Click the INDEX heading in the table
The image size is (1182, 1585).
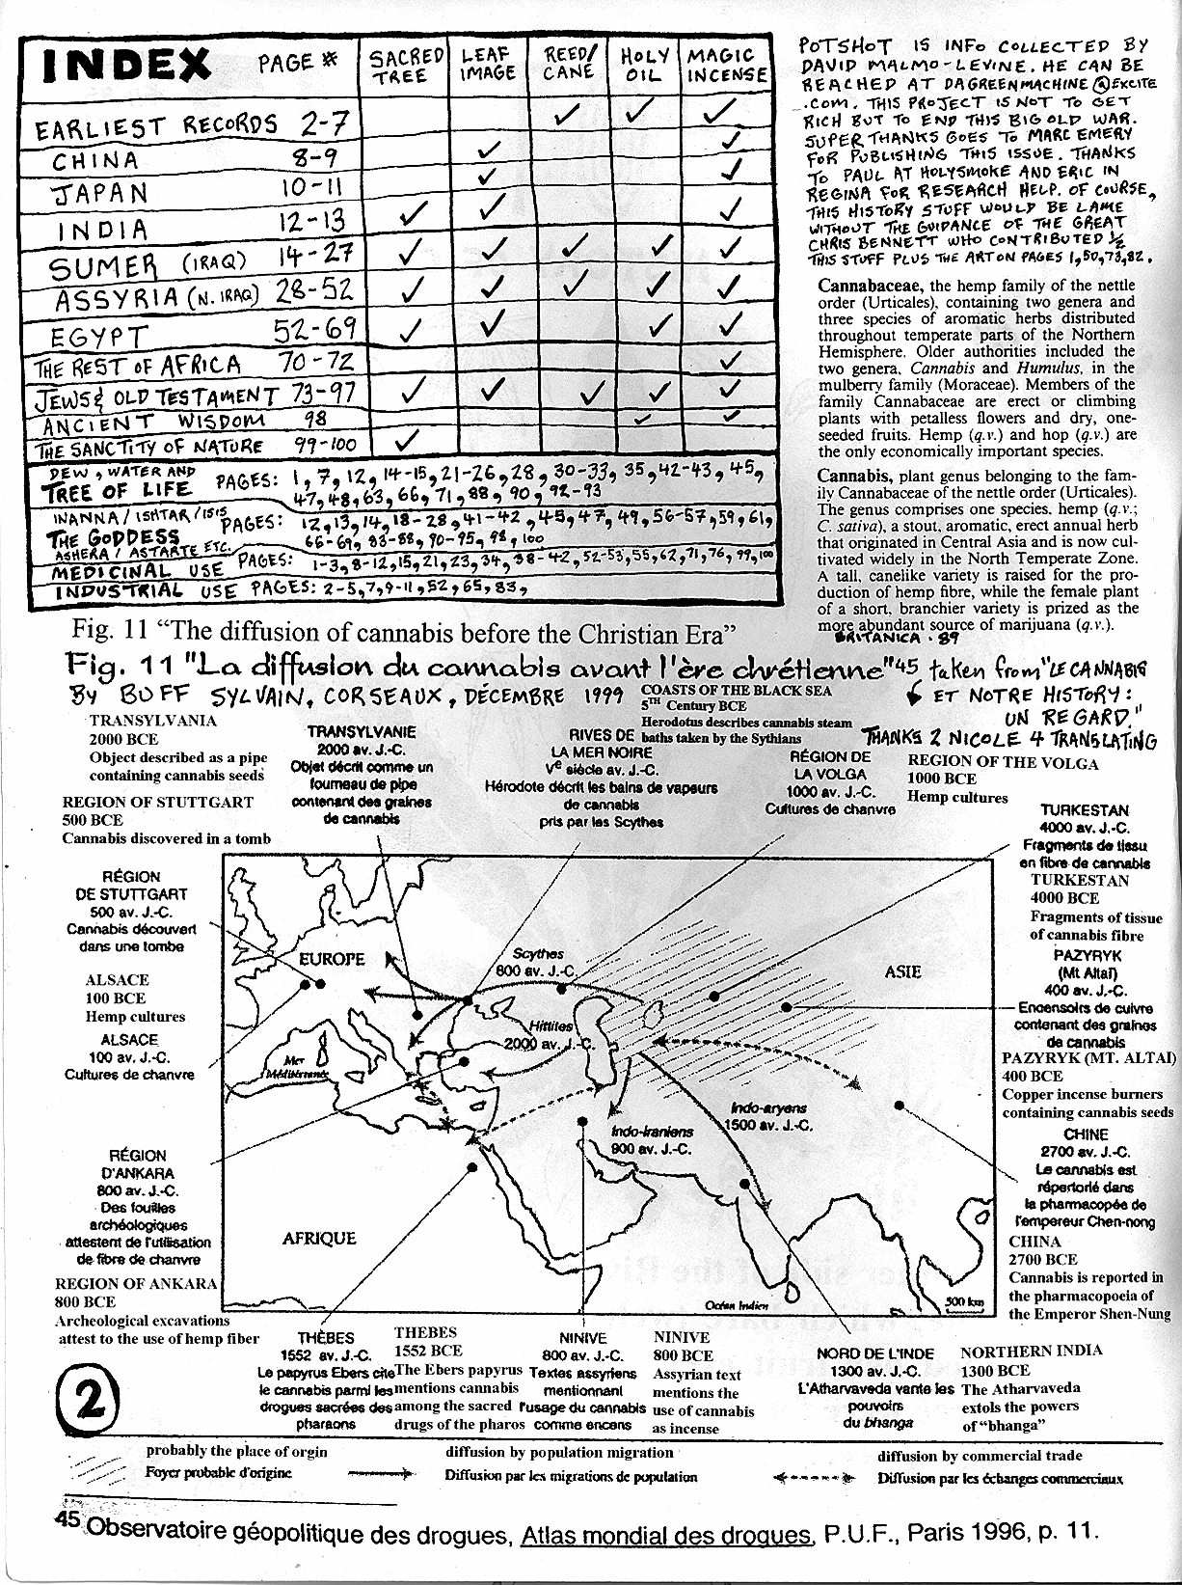point(126,65)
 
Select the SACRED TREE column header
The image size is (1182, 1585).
point(407,66)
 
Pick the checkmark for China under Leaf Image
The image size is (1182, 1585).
point(490,149)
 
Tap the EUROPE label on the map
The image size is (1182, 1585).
point(332,959)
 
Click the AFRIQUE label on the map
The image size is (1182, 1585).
point(319,1238)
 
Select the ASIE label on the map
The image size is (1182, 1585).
point(903,971)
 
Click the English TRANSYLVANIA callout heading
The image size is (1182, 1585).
point(153,721)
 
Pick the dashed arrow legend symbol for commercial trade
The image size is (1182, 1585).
point(814,1478)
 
